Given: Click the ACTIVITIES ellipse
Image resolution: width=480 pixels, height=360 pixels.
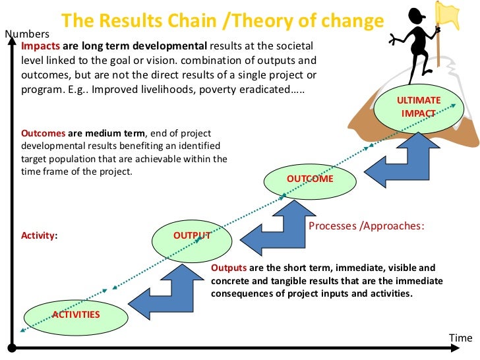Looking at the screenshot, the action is pos(76,314).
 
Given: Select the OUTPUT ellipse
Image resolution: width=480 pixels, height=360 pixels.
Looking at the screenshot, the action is pos(191,235).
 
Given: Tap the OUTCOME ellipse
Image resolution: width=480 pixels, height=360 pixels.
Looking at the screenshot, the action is pos(309,179).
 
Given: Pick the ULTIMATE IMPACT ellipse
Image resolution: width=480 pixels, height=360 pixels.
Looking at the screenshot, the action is pos(418,107).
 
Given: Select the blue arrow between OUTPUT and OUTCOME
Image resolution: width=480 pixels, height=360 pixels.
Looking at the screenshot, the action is pos(277,227).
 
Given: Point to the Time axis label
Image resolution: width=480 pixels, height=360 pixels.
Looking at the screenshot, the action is pos(461,338).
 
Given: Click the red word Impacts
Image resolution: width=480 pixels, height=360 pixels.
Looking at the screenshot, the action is pos(40,46).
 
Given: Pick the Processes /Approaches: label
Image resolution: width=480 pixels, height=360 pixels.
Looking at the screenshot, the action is pos(366,225).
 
